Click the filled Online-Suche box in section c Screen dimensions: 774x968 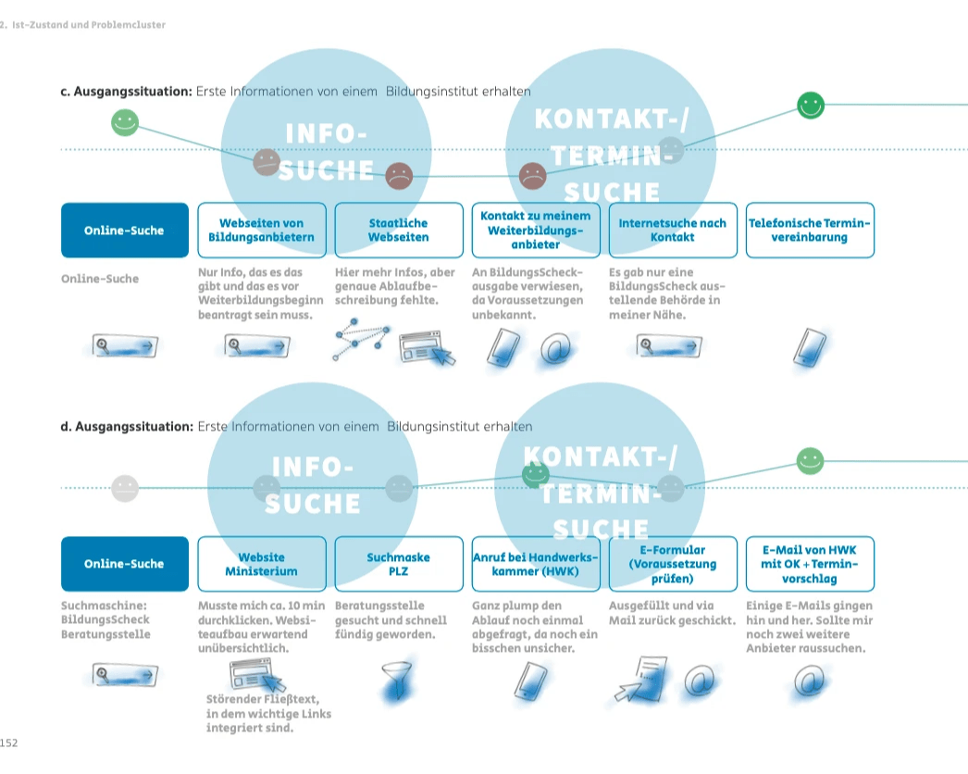(124, 230)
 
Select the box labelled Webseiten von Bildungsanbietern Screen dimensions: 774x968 (262, 230)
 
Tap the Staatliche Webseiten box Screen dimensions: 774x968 (398, 230)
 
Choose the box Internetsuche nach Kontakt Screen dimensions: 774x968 (673, 230)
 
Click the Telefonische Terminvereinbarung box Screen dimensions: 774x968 (810, 230)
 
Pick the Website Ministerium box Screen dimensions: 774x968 (262, 564)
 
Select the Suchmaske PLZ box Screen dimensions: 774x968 (398, 564)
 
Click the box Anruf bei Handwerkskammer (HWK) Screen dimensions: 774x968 (536, 564)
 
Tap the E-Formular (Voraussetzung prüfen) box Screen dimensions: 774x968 (673, 564)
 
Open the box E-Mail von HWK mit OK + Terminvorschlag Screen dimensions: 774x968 (810, 564)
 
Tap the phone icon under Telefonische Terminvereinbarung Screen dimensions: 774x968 (810, 346)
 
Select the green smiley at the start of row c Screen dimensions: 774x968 (124, 122)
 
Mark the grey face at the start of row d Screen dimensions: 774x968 (124, 488)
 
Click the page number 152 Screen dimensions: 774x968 (9, 743)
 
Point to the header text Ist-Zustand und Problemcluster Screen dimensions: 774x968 (87, 25)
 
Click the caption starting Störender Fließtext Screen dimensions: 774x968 (268, 713)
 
